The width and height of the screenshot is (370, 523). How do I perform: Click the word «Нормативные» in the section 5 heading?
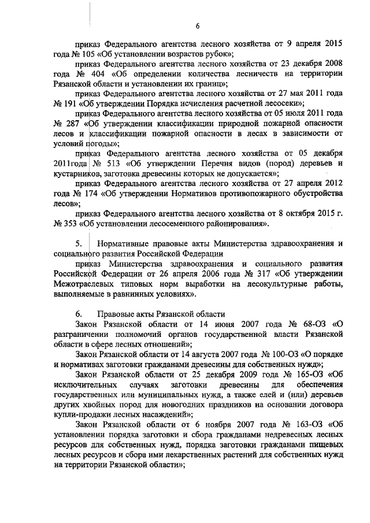[x=125, y=243]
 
